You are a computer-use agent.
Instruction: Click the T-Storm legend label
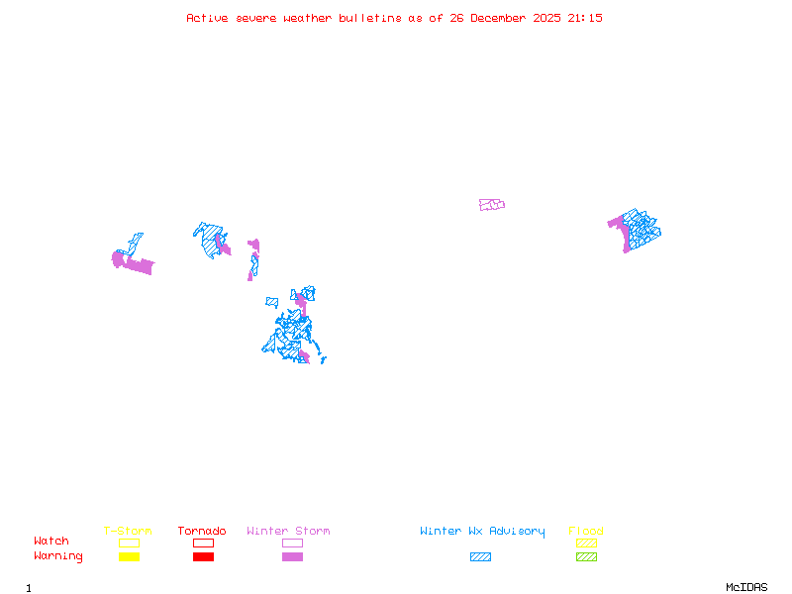pos(128,532)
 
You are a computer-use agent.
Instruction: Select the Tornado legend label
pos(202,532)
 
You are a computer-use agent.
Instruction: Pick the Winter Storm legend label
pos(288,532)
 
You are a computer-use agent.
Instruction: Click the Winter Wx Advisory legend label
pos(482,532)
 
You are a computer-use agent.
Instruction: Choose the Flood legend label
pos(586,532)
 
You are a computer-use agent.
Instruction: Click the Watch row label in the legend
pos(51,542)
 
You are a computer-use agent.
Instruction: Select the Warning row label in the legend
pos(58,556)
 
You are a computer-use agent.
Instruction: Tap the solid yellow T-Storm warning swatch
pos(129,557)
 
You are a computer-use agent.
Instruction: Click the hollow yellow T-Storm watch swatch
pos(129,543)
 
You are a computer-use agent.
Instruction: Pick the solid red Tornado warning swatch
pos(203,557)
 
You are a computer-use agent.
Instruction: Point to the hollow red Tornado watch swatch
pos(203,543)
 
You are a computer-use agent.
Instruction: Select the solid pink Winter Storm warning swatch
pos(292,557)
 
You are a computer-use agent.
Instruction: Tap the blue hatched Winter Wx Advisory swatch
pos(480,557)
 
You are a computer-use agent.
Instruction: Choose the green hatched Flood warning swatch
pos(586,557)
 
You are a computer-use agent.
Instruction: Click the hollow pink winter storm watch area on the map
pos(492,205)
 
